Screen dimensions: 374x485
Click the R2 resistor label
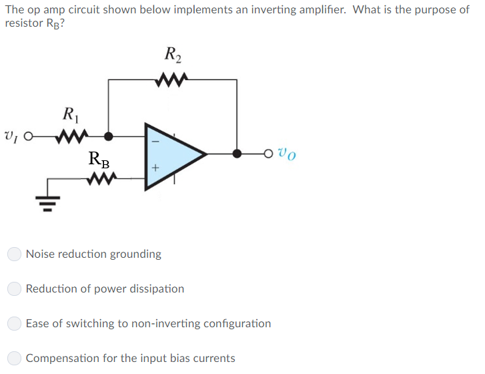point(172,54)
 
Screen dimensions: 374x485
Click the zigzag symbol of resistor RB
point(99,178)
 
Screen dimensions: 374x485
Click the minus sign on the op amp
point(154,141)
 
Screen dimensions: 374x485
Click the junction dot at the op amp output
point(237,154)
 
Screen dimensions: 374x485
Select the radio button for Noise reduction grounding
point(15,254)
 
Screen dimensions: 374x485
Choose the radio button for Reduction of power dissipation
point(15,289)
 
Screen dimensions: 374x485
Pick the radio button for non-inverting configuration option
point(15,324)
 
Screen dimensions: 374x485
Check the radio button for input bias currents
point(15,359)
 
